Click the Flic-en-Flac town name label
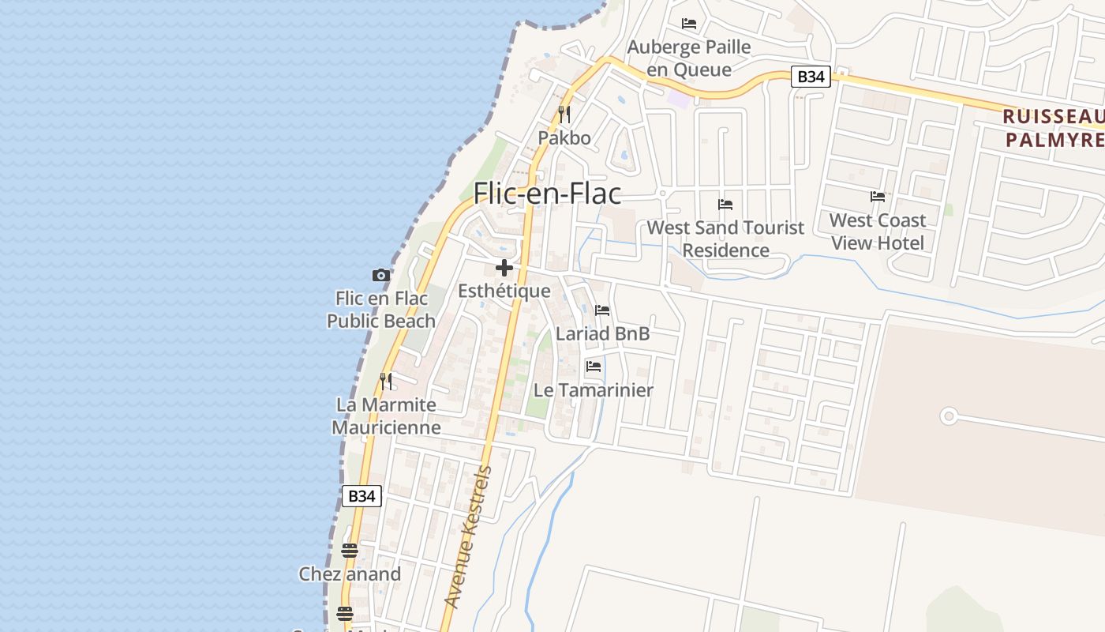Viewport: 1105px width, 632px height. point(547,194)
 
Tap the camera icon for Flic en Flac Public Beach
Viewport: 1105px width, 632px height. point(381,275)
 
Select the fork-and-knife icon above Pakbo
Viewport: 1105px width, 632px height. point(564,115)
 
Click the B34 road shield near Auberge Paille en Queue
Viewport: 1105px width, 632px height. point(811,77)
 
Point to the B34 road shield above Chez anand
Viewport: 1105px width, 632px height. point(361,496)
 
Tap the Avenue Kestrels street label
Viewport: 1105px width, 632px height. point(469,537)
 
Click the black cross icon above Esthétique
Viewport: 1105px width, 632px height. point(504,268)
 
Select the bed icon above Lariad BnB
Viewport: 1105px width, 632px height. point(602,310)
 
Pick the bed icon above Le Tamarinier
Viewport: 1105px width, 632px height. point(594,367)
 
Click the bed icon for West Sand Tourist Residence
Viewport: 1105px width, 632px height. point(725,205)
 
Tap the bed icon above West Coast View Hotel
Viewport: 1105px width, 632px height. point(878,197)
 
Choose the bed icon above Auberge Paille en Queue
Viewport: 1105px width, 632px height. point(689,24)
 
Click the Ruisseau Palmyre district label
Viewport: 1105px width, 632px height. point(1053,128)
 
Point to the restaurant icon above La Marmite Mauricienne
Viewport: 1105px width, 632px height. point(386,382)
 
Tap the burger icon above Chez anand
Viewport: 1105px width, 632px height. point(350,551)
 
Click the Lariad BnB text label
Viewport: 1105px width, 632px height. point(602,333)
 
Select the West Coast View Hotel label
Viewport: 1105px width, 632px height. point(878,231)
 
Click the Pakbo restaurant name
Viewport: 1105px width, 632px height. point(564,137)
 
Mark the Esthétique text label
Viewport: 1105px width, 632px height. point(504,291)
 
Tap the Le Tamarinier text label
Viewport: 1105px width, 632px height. point(594,389)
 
